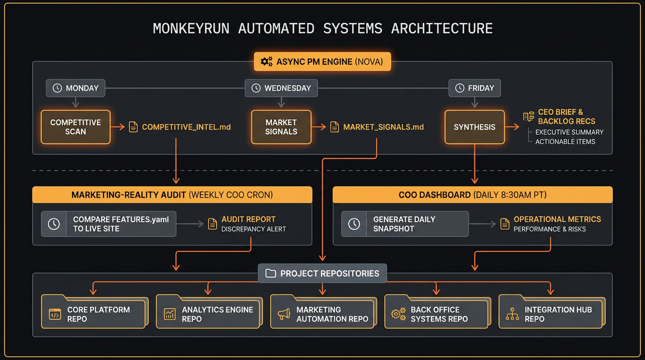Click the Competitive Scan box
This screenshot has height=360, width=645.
click(x=75, y=127)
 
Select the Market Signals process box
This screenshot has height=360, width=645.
click(x=281, y=127)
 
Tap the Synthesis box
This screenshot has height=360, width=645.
click(x=474, y=127)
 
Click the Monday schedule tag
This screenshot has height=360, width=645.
click(x=75, y=88)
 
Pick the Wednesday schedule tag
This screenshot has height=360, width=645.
click(x=281, y=88)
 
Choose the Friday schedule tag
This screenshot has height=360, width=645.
click(x=474, y=88)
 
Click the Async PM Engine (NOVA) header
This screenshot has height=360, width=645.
click(x=322, y=62)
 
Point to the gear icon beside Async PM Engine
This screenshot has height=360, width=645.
click(x=266, y=62)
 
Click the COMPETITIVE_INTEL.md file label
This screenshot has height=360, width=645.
click(x=186, y=127)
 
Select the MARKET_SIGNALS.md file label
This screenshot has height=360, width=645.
click(x=383, y=127)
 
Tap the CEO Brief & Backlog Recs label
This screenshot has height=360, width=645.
click(x=566, y=116)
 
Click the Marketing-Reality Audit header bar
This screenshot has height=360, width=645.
click(x=172, y=195)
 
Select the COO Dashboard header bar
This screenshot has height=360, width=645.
click(x=472, y=195)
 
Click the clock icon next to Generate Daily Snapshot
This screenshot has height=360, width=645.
click(x=354, y=224)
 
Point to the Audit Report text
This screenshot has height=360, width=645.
click(x=248, y=219)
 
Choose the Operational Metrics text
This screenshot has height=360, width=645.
click(x=557, y=219)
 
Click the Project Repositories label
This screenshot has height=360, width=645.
click(x=322, y=273)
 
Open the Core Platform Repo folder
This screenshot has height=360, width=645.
click(x=93, y=313)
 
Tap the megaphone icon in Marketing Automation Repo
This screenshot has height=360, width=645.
click(x=284, y=315)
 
